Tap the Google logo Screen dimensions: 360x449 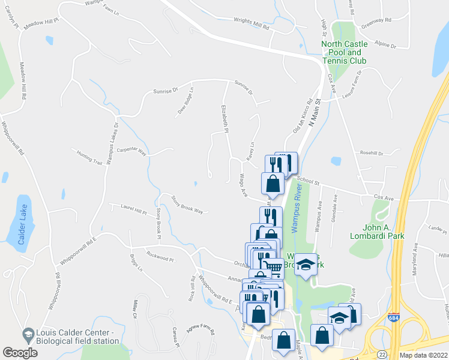20,353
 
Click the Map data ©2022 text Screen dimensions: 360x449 423,355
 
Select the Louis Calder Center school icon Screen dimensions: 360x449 28,334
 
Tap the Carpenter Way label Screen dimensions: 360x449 131,151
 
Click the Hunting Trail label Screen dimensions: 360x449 89,159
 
